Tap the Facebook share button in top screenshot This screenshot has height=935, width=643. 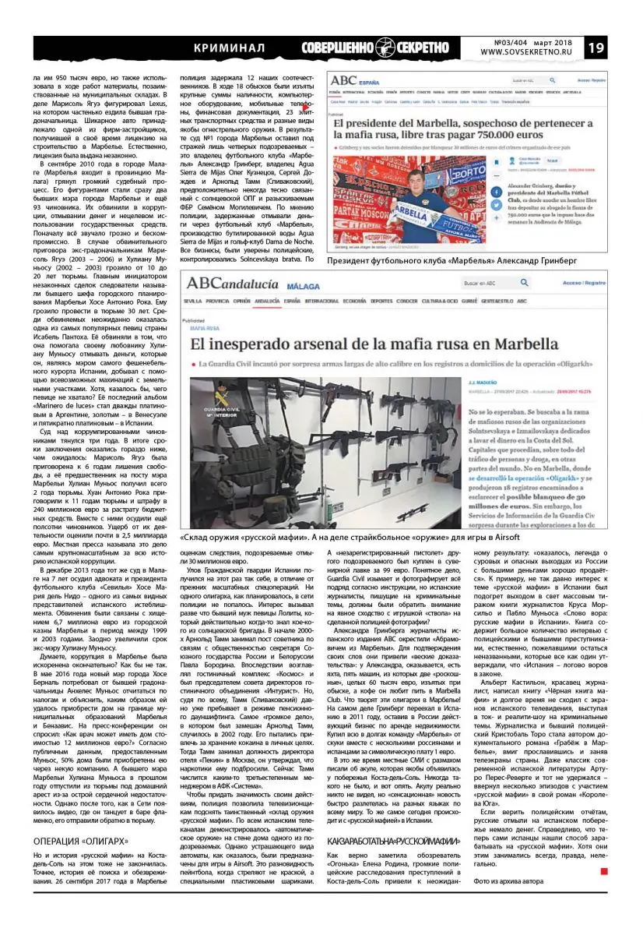tap(494, 189)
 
